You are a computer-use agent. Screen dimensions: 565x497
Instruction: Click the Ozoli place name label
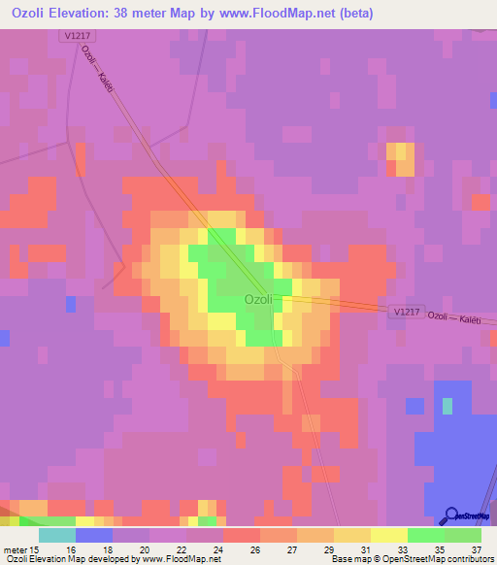(x=258, y=300)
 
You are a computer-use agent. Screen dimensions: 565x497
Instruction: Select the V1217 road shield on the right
(x=408, y=312)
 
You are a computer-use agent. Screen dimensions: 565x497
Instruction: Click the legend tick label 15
(x=33, y=549)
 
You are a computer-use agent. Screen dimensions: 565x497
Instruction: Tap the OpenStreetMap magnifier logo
(x=452, y=515)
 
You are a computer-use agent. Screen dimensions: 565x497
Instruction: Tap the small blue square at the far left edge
(x=4, y=338)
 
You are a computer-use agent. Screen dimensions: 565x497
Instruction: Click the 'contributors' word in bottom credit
(x=470, y=559)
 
